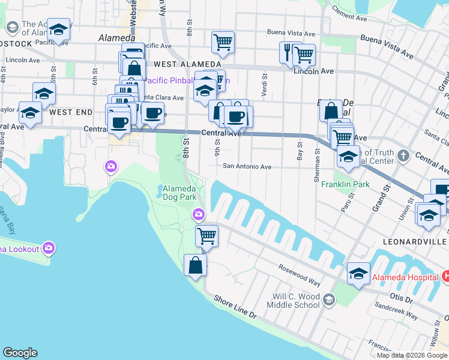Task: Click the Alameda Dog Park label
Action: [180, 192]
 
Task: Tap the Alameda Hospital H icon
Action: [445, 277]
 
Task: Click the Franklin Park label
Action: [345, 184]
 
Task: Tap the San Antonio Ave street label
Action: [248, 167]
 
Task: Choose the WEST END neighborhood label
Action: [71, 112]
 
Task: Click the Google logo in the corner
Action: [20, 353]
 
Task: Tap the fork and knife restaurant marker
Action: [288, 52]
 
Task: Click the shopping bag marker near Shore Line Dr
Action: [196, 265]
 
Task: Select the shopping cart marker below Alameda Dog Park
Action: [206, 235]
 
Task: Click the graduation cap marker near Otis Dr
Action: [358, 274]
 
